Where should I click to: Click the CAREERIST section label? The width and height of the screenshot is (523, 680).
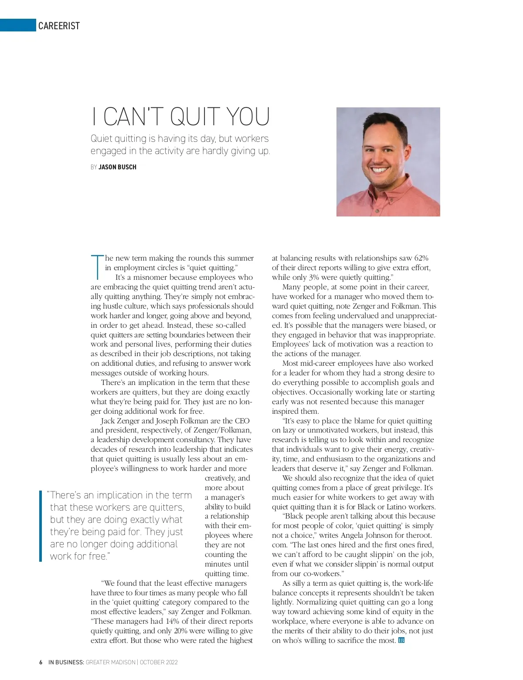click(59, 26)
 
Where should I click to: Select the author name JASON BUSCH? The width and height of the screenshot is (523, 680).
click(117, 167)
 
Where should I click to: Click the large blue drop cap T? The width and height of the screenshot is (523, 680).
click(97, 267)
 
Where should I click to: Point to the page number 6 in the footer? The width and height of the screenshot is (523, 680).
click(41, 662)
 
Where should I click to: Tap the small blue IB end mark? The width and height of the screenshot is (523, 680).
click(401, 640)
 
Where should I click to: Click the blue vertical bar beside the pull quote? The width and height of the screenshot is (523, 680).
click(40, 525)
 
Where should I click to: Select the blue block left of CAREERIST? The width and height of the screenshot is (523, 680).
click(17, 25)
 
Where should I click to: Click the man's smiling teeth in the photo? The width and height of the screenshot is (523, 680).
click(379, 169)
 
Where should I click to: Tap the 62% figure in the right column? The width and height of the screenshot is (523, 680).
click(421, 258)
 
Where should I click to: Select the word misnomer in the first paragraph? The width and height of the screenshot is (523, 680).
click(150, 277)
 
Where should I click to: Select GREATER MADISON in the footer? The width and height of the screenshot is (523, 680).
click(111, 662)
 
